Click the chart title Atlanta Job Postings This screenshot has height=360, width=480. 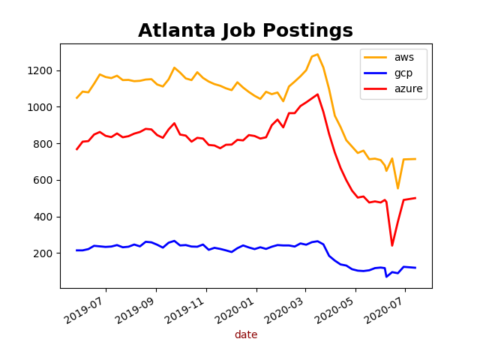(245, 31)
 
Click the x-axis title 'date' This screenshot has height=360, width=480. (245, 334)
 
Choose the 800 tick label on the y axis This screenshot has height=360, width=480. (44, 144)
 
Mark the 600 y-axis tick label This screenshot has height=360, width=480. (44, 180)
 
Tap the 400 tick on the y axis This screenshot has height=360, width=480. (44, 217)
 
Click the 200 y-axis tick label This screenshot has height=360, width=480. (44, 253)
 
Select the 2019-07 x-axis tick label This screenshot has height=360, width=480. (85, 309)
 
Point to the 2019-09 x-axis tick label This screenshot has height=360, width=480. (135, 309)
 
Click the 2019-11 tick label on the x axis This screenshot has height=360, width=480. (185, 309)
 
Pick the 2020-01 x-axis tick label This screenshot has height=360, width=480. (235, 309)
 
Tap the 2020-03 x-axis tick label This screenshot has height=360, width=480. (284, 309)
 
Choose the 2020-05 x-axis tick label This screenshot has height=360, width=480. (334, 309)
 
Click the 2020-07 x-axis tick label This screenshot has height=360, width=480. (384, 309)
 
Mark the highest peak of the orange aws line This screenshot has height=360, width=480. (317, 54)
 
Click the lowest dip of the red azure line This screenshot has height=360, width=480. (391, 245)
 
